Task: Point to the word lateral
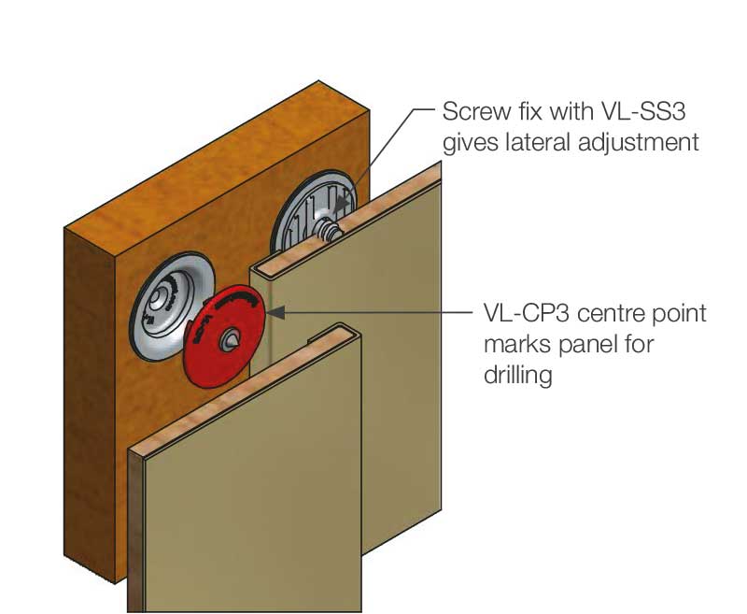pyautogui.click(x=546, y=143)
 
